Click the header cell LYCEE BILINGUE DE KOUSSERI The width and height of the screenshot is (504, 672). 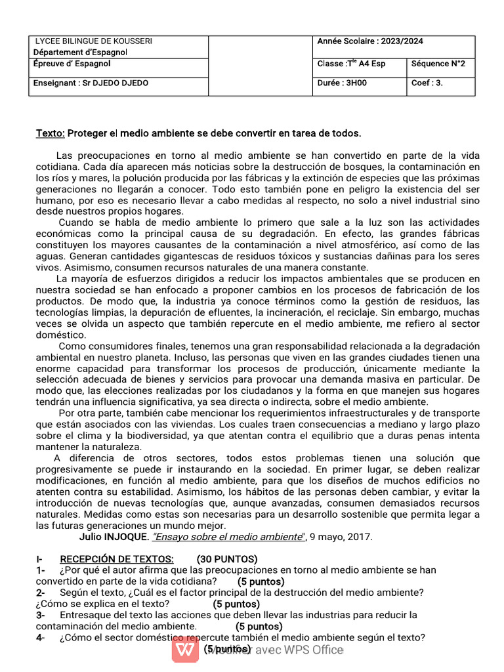click(93, 41)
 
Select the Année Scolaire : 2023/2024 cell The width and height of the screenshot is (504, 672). click(370, 41)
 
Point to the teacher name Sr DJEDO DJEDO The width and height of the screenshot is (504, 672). click(115, 83)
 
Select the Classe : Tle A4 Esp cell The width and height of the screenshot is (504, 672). click(351, 64)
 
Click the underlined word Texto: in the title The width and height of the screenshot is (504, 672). click(50, 133)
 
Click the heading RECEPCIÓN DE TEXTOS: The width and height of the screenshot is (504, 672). click(117, 559)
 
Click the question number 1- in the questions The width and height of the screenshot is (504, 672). click(41, 570)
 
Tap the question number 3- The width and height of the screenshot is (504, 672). click(41, 615)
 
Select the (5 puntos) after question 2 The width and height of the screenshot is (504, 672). click(236, 604)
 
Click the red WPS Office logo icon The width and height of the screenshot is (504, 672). click(186, 650)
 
